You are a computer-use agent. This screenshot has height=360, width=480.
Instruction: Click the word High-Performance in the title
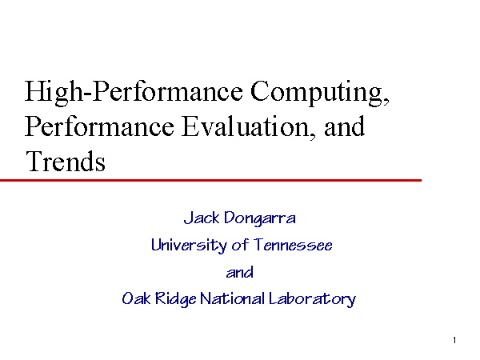pyautogui.click(x=134, y=92)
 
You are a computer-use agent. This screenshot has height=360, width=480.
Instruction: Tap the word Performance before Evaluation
pyautogui.click(x=99, y=126)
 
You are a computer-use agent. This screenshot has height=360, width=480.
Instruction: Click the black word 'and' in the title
pyautogui.click(x=344, y=126)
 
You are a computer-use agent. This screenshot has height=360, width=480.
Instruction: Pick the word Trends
pyautogui.click(x=66, y=162)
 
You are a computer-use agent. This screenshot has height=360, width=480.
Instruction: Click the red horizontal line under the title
pyautogui.click(x=210, y=180)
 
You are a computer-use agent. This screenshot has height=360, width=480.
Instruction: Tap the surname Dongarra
pyautogui.click(x=260, y=219)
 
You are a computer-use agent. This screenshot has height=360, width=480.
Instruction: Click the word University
pyautogui.click(x=189, y=246)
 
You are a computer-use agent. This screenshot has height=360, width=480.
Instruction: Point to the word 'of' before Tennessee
pyautogui.click(x=240, y=245)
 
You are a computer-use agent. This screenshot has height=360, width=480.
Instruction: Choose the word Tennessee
pyautogui.click(x=294, y=245)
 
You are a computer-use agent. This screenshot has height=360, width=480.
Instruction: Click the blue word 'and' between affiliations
pyautogui.click(x=240, y=272)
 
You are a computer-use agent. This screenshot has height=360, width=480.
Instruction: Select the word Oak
pyautogui.click(x=136, y=298)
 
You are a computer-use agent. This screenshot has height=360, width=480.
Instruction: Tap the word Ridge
pyautogui.click(x=176, y=299)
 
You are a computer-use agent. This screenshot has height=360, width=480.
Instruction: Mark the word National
pyautogui.click(x=232, y=298)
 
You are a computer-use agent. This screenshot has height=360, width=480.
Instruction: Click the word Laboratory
pyautogui.click(x=313, y=299)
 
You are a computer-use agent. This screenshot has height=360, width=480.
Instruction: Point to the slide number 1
pyautogui.click(x=454, y=340)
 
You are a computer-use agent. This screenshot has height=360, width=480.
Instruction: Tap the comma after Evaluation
pyautogui.click(x=312, y=136)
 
